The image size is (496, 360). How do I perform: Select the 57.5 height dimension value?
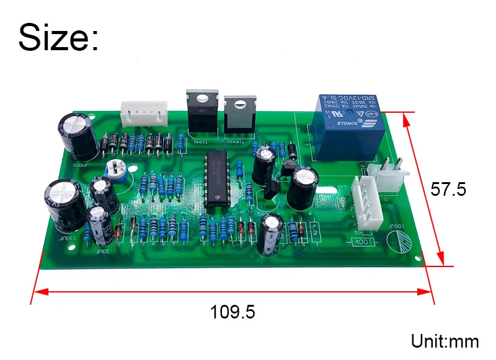pyautogui.click(x=448, y=189)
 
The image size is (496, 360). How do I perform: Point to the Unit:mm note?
pyautogui.click(x=445, y=341)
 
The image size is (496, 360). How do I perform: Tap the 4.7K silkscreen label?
pyautogui.click(x=315, y=230)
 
